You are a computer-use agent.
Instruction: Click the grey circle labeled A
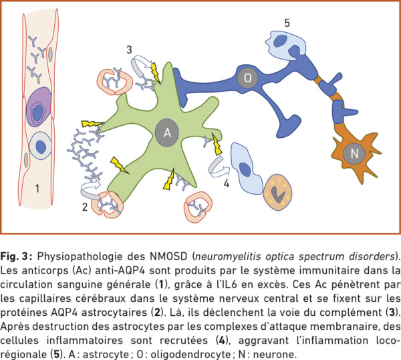point(167,132)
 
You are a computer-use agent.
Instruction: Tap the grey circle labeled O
point(247,78)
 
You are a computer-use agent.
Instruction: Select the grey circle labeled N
point(354,153)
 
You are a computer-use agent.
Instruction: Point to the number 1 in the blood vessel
point(37,189)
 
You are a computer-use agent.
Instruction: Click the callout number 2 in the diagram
point(85,207)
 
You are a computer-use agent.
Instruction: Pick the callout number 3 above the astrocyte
point(130,50)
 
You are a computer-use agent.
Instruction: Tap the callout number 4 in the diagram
point(227,183)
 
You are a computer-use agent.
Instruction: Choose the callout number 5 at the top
point(287,23)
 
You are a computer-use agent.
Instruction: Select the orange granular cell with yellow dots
point(277,192)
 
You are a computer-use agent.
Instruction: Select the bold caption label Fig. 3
point(16,256)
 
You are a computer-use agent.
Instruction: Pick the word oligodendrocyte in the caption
point(190,355)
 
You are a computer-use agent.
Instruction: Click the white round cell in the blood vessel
point(40,146)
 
